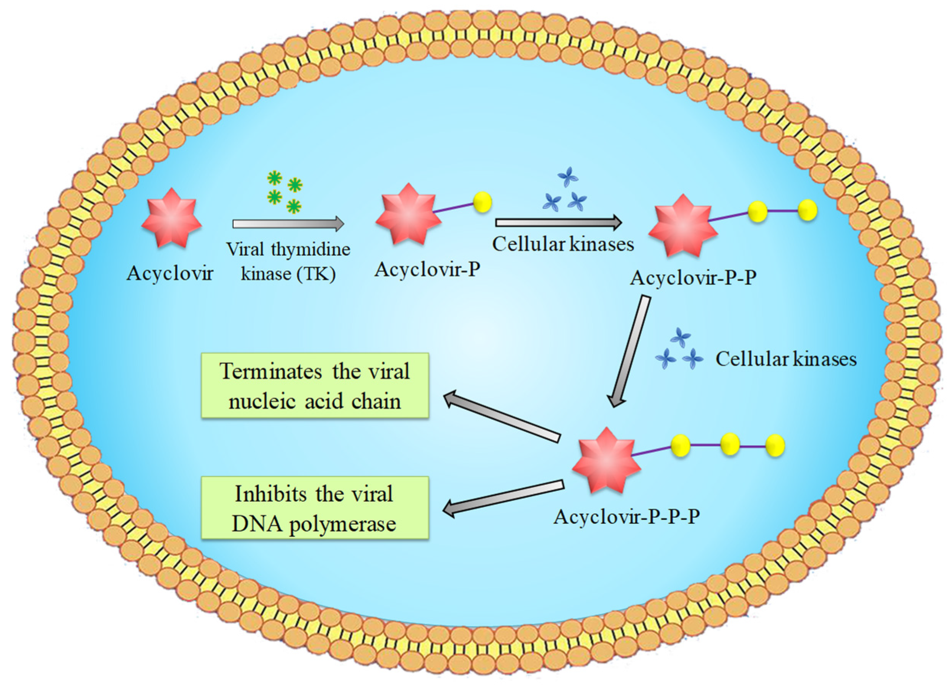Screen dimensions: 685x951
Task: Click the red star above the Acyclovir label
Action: pos(171,218)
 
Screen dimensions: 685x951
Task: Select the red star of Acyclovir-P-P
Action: pos(682,225)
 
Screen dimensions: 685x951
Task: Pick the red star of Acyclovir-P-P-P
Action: pos(606,460)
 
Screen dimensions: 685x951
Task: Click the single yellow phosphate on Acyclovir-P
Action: pos(482,202)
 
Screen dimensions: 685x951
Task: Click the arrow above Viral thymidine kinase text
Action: pos(288,224)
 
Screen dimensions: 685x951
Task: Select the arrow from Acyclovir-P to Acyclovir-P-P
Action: pos(558,222)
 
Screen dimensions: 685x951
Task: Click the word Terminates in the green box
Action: pos(271,372)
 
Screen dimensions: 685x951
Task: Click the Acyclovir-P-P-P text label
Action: pos(627,516)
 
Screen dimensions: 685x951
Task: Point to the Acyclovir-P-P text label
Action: pos(693,278)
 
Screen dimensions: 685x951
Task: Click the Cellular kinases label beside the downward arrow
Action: pos(785,359)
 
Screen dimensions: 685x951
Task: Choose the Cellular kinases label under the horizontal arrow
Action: pos(563,244)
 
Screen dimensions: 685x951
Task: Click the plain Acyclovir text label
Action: pos(170,274)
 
